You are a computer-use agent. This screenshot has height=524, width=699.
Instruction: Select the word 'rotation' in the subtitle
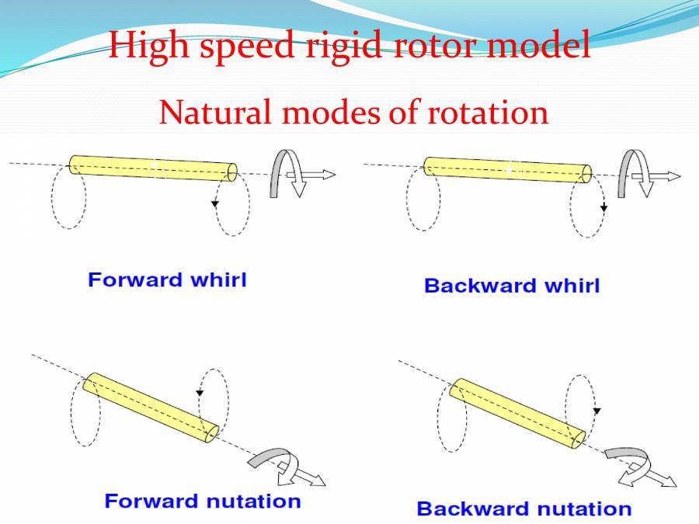[488, 113]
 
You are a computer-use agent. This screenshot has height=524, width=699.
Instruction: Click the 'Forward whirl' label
[167, 279]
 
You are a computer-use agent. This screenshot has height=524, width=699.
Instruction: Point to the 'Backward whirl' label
[512, 286]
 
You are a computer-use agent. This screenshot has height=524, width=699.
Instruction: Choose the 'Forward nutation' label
[203, 501]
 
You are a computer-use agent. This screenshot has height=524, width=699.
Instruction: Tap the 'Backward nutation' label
[524, 509]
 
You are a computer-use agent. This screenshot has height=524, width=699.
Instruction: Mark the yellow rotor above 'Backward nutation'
[516, 414]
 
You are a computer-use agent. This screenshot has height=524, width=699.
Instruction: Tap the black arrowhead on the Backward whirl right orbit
[603, 207]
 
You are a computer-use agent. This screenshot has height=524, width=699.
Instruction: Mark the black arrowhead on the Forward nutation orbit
[200, 394]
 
